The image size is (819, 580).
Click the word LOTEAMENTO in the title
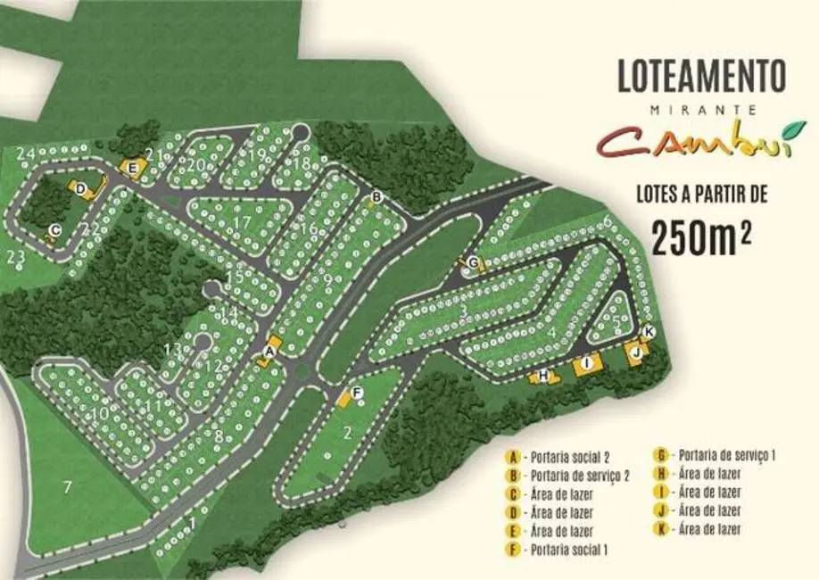tap(701, 76)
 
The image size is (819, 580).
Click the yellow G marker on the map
tap(473, 262)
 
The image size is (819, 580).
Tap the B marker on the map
tap(376, 196)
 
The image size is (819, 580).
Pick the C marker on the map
tap(54, 230)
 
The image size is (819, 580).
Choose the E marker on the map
tap(133, 167)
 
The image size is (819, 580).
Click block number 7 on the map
tap(66, 486)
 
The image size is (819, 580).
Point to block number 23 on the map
tap(15, 258)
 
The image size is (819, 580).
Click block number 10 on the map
tap(100, 413)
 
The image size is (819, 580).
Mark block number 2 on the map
tap(347, 435)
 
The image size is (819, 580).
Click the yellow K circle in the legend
tap(662, 529)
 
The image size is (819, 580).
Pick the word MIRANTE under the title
tap(701, 110)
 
